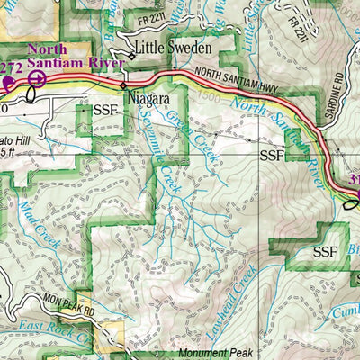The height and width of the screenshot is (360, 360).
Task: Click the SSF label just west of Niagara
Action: point(104,111)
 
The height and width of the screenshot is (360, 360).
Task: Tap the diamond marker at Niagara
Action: point(124,89)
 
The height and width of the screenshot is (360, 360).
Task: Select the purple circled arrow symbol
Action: point(36,79)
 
